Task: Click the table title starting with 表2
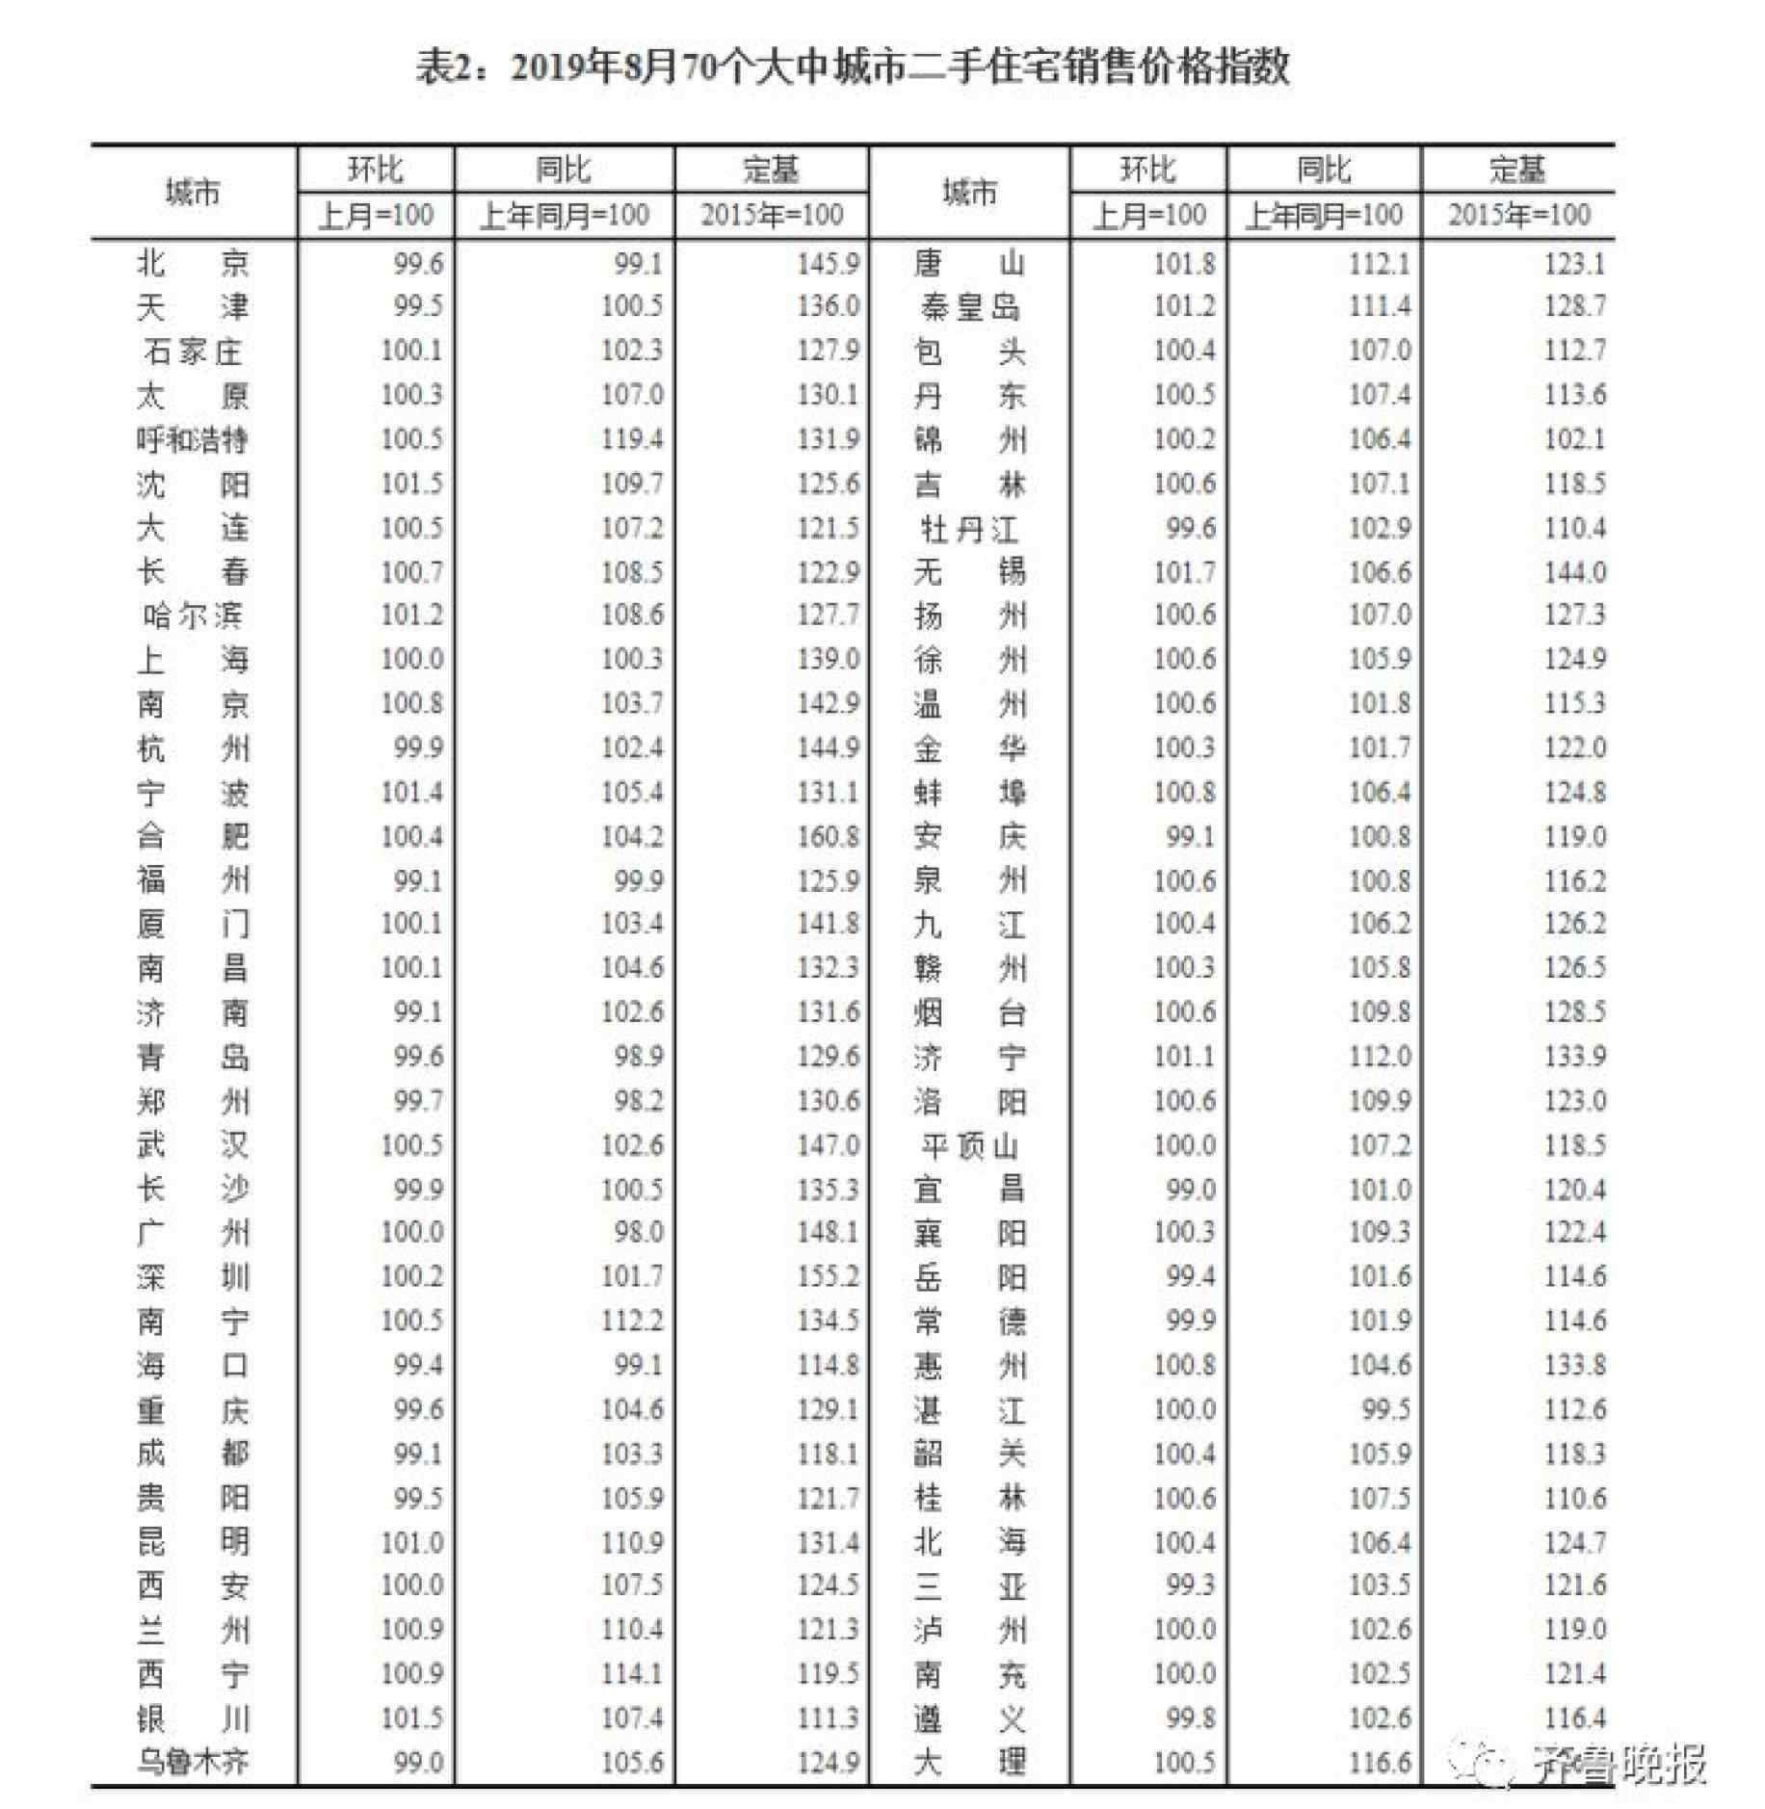[x=852, y=68]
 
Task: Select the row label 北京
[x=193, y=263]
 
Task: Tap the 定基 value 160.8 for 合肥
[x=828, y=836]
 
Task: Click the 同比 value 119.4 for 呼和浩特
[x=631, y=439]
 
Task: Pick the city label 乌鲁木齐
[x=193, y=1762]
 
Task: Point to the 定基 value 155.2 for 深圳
[x=828, y=1276]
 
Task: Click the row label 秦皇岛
[x=969, y=307]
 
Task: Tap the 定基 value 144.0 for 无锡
[x=1574, y=572]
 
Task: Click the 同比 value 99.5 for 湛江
[x=1385, y=1409]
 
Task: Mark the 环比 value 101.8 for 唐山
[x=1184, y=263]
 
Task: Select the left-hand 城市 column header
[x=193, y=193]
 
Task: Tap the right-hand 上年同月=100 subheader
[x=1324, y=215]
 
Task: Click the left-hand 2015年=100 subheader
[x=771, y=215]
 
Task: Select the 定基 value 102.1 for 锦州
[x=1574, y=439]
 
